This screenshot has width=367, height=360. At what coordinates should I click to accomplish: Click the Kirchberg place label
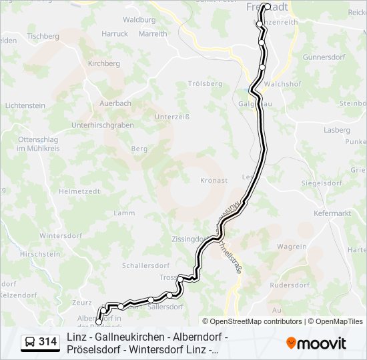click(x=103, y=63)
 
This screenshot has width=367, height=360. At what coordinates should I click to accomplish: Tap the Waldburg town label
click(x=139, y=20)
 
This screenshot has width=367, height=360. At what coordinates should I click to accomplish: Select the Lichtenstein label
click(x=25, y=105)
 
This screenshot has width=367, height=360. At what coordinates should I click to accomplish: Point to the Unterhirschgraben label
click(x=102, y=125)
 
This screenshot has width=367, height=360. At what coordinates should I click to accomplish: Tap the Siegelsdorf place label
click(x=322, y=182)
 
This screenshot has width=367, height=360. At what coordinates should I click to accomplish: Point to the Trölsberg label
click(x=205, y=83)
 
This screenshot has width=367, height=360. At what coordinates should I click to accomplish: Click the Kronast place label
click(x=214, y=180)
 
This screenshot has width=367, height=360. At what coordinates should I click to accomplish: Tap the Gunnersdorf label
click(x=322, y=57)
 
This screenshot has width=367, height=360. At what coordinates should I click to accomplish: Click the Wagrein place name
click(x=292, y=247)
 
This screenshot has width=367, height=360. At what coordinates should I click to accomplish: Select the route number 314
click(x=47, y=342)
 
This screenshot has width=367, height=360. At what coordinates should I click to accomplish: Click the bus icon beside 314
click(x=30, y=342)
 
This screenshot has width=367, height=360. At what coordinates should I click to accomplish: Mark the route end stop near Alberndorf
click(x=99, y=323)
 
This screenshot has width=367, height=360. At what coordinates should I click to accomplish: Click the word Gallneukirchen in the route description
click(x=130, y=337)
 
